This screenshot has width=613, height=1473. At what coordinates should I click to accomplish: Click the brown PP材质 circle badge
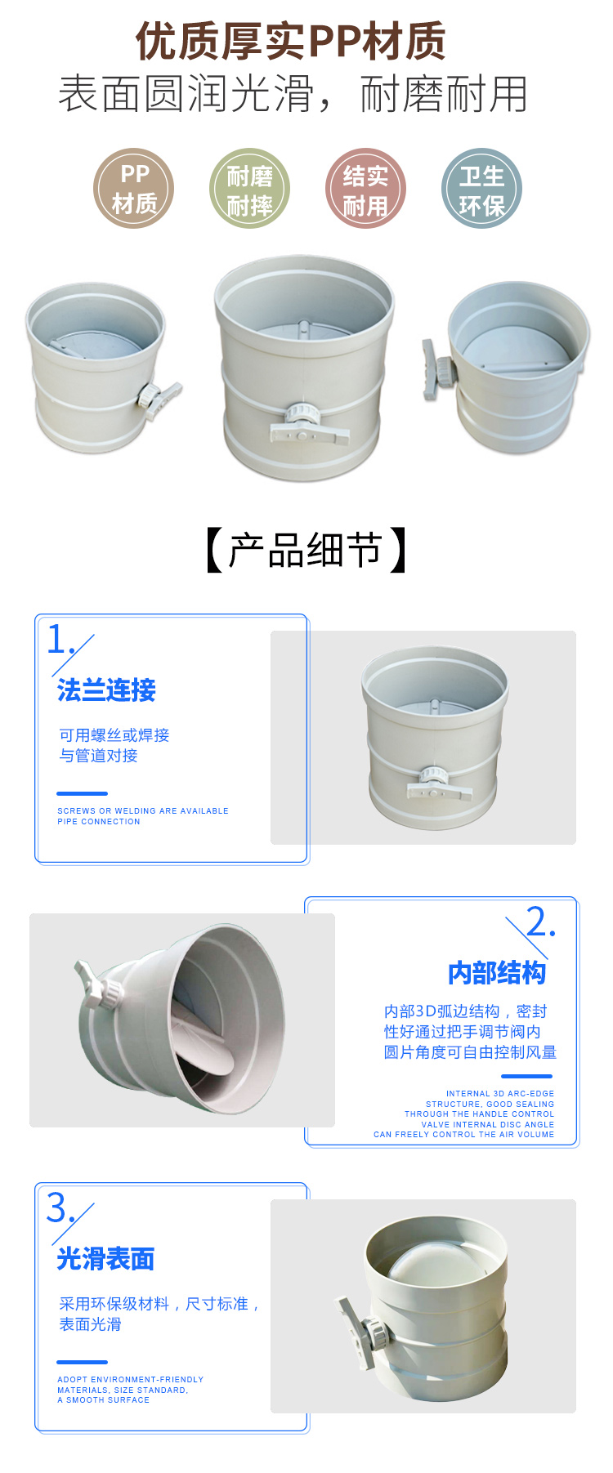click(x=134, y=189)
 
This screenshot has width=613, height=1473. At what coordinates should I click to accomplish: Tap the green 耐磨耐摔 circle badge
click(x=249, y=189)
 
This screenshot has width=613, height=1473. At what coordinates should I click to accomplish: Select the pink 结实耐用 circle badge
click(x=365, y=189)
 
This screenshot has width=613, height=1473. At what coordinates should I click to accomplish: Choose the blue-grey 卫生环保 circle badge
click(x=481, y=189)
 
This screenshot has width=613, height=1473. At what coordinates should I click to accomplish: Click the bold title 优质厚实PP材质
click(x=290, y=41)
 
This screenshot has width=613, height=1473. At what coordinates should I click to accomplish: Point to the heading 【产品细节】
click(x=306, y=550)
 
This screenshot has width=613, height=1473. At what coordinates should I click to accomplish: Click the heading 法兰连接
click(x=106, y=690)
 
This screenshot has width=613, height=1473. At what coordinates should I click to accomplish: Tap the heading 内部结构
click(x=497, y=973)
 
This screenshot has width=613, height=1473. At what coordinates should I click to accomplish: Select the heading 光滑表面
click(x=105, y=1259)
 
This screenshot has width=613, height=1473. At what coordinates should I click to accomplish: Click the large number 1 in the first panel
click(x=56, y=639)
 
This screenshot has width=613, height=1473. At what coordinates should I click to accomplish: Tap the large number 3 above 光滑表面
click(x=56, y=1207)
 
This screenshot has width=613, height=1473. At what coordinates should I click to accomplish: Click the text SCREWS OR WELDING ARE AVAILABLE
click(x=143, y=811)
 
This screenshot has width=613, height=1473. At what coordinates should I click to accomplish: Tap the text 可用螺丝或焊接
click(x=114, y=735)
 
